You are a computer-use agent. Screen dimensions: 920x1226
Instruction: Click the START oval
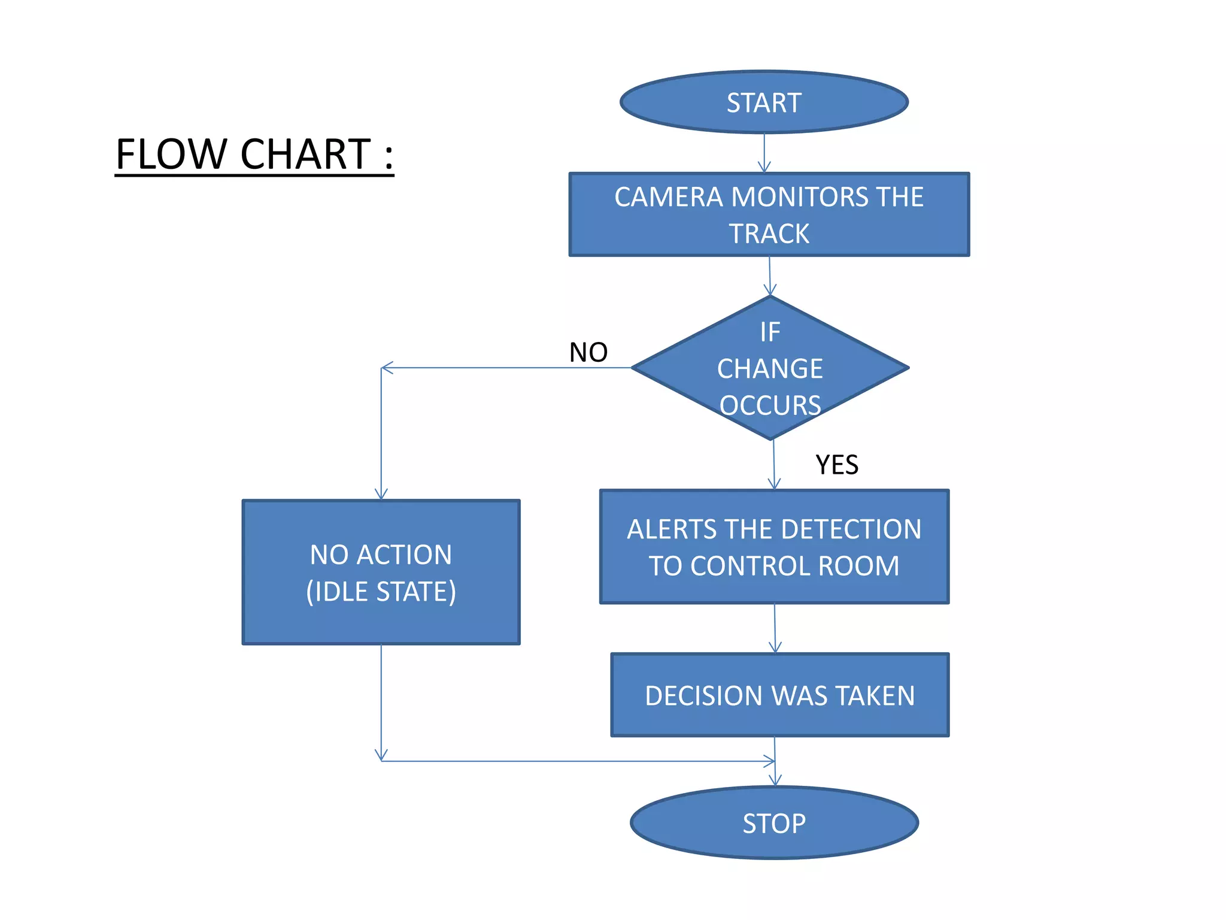point(764,102)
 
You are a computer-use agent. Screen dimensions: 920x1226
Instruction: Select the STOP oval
point(774,823)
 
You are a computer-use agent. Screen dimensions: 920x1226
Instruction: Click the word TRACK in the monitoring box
point(769,234)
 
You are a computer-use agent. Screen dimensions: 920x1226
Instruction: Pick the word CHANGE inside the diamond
point(770,368)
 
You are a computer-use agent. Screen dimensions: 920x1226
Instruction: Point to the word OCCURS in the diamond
point(770,405)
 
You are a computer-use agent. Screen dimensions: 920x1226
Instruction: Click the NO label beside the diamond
point(588,352)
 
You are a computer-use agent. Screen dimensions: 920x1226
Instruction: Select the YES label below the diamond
point(837,465)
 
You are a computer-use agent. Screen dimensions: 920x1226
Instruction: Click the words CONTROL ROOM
point(794,566)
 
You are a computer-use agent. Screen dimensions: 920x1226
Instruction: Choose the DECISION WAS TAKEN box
point(780,695)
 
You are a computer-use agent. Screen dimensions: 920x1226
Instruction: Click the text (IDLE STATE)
point(381,592)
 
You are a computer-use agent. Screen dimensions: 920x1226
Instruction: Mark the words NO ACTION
point(381,555)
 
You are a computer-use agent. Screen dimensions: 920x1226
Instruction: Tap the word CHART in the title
point(305,155)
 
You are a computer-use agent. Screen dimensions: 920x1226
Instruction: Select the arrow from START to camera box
point(764,152)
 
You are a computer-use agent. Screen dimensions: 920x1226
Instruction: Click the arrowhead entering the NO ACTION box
point(381,494)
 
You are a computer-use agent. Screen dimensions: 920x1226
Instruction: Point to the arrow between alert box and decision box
point(775,628)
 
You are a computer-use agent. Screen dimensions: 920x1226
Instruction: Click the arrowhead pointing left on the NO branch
point(387,368)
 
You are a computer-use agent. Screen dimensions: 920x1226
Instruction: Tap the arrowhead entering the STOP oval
point(775,780)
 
